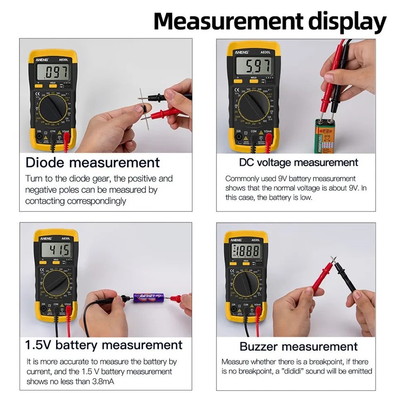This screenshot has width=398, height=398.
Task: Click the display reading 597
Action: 253,65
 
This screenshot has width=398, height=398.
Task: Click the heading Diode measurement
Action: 92,162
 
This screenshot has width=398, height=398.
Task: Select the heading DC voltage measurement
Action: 298,162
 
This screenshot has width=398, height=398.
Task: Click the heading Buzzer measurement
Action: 298,346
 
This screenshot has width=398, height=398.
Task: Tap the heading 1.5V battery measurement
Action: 104,345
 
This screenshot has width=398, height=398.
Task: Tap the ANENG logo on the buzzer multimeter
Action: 235,239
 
